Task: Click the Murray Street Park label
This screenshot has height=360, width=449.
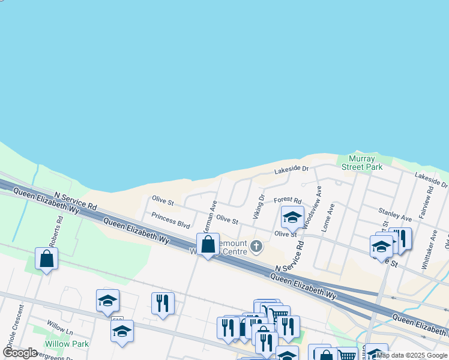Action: [x=362, y=163]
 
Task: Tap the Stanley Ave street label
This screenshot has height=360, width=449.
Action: [x=395, y=214]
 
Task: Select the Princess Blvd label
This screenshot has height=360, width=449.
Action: [x=170, y=220]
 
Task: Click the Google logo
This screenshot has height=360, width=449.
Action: [x=20, y=353]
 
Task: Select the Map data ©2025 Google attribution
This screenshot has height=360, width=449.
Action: [x=412, y=355]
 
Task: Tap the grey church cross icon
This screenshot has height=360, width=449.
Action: [x=256, y=246]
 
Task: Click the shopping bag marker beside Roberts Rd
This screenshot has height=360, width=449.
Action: [x=46, y=259]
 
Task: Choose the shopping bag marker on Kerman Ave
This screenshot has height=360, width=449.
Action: [x=208, y=245]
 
